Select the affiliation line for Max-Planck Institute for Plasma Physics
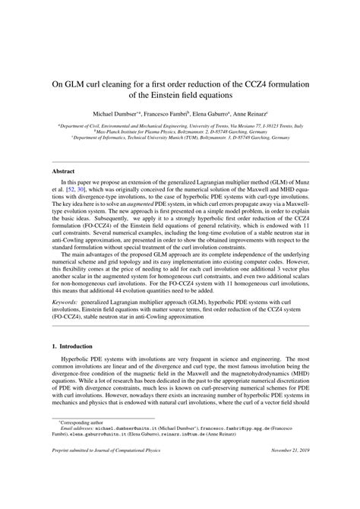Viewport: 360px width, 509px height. point(179,130)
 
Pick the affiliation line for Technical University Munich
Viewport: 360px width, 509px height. point(179,138)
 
